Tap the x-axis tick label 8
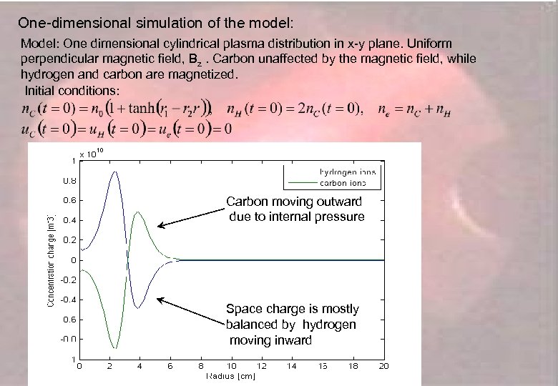[201, 366]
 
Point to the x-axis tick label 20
[383, 366]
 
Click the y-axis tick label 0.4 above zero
[70, 220]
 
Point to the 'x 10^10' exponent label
[92, 153]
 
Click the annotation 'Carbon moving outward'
[294, 202]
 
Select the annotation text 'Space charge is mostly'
[292, 309]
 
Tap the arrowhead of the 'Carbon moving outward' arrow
[160, 227]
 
